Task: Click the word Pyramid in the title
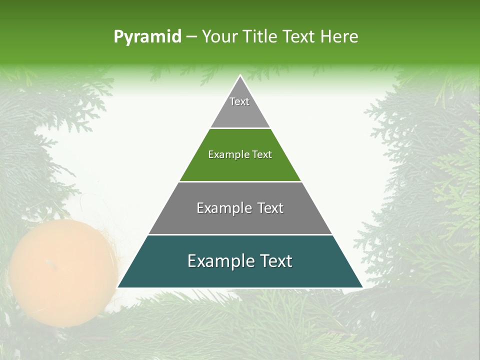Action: click(147, 36)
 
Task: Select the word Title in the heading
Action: click(259, 36)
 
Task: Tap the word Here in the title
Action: click(339, 36)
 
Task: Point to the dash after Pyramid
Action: click(191, 36)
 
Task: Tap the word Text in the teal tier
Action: click(272, 261)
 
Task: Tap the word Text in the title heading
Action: click(299, 36)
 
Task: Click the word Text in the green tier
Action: click(262, 155)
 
